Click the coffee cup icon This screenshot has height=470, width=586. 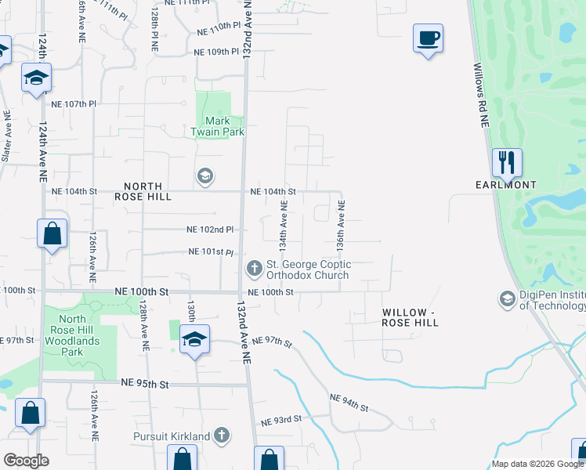point(428,38)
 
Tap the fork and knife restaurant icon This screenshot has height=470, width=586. point(506,163)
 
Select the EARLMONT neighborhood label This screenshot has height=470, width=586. point(506,185)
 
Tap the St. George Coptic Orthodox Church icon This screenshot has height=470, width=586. point(254,269)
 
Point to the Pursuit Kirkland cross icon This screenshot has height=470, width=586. point(222,435)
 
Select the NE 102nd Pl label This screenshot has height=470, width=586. point(210,230)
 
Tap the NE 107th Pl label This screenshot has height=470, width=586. point(73,103)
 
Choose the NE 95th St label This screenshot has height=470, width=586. point(145,383)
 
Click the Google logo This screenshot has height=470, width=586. point(26,461)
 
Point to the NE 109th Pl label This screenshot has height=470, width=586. point(215,52)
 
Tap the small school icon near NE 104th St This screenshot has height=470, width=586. point(204,175)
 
